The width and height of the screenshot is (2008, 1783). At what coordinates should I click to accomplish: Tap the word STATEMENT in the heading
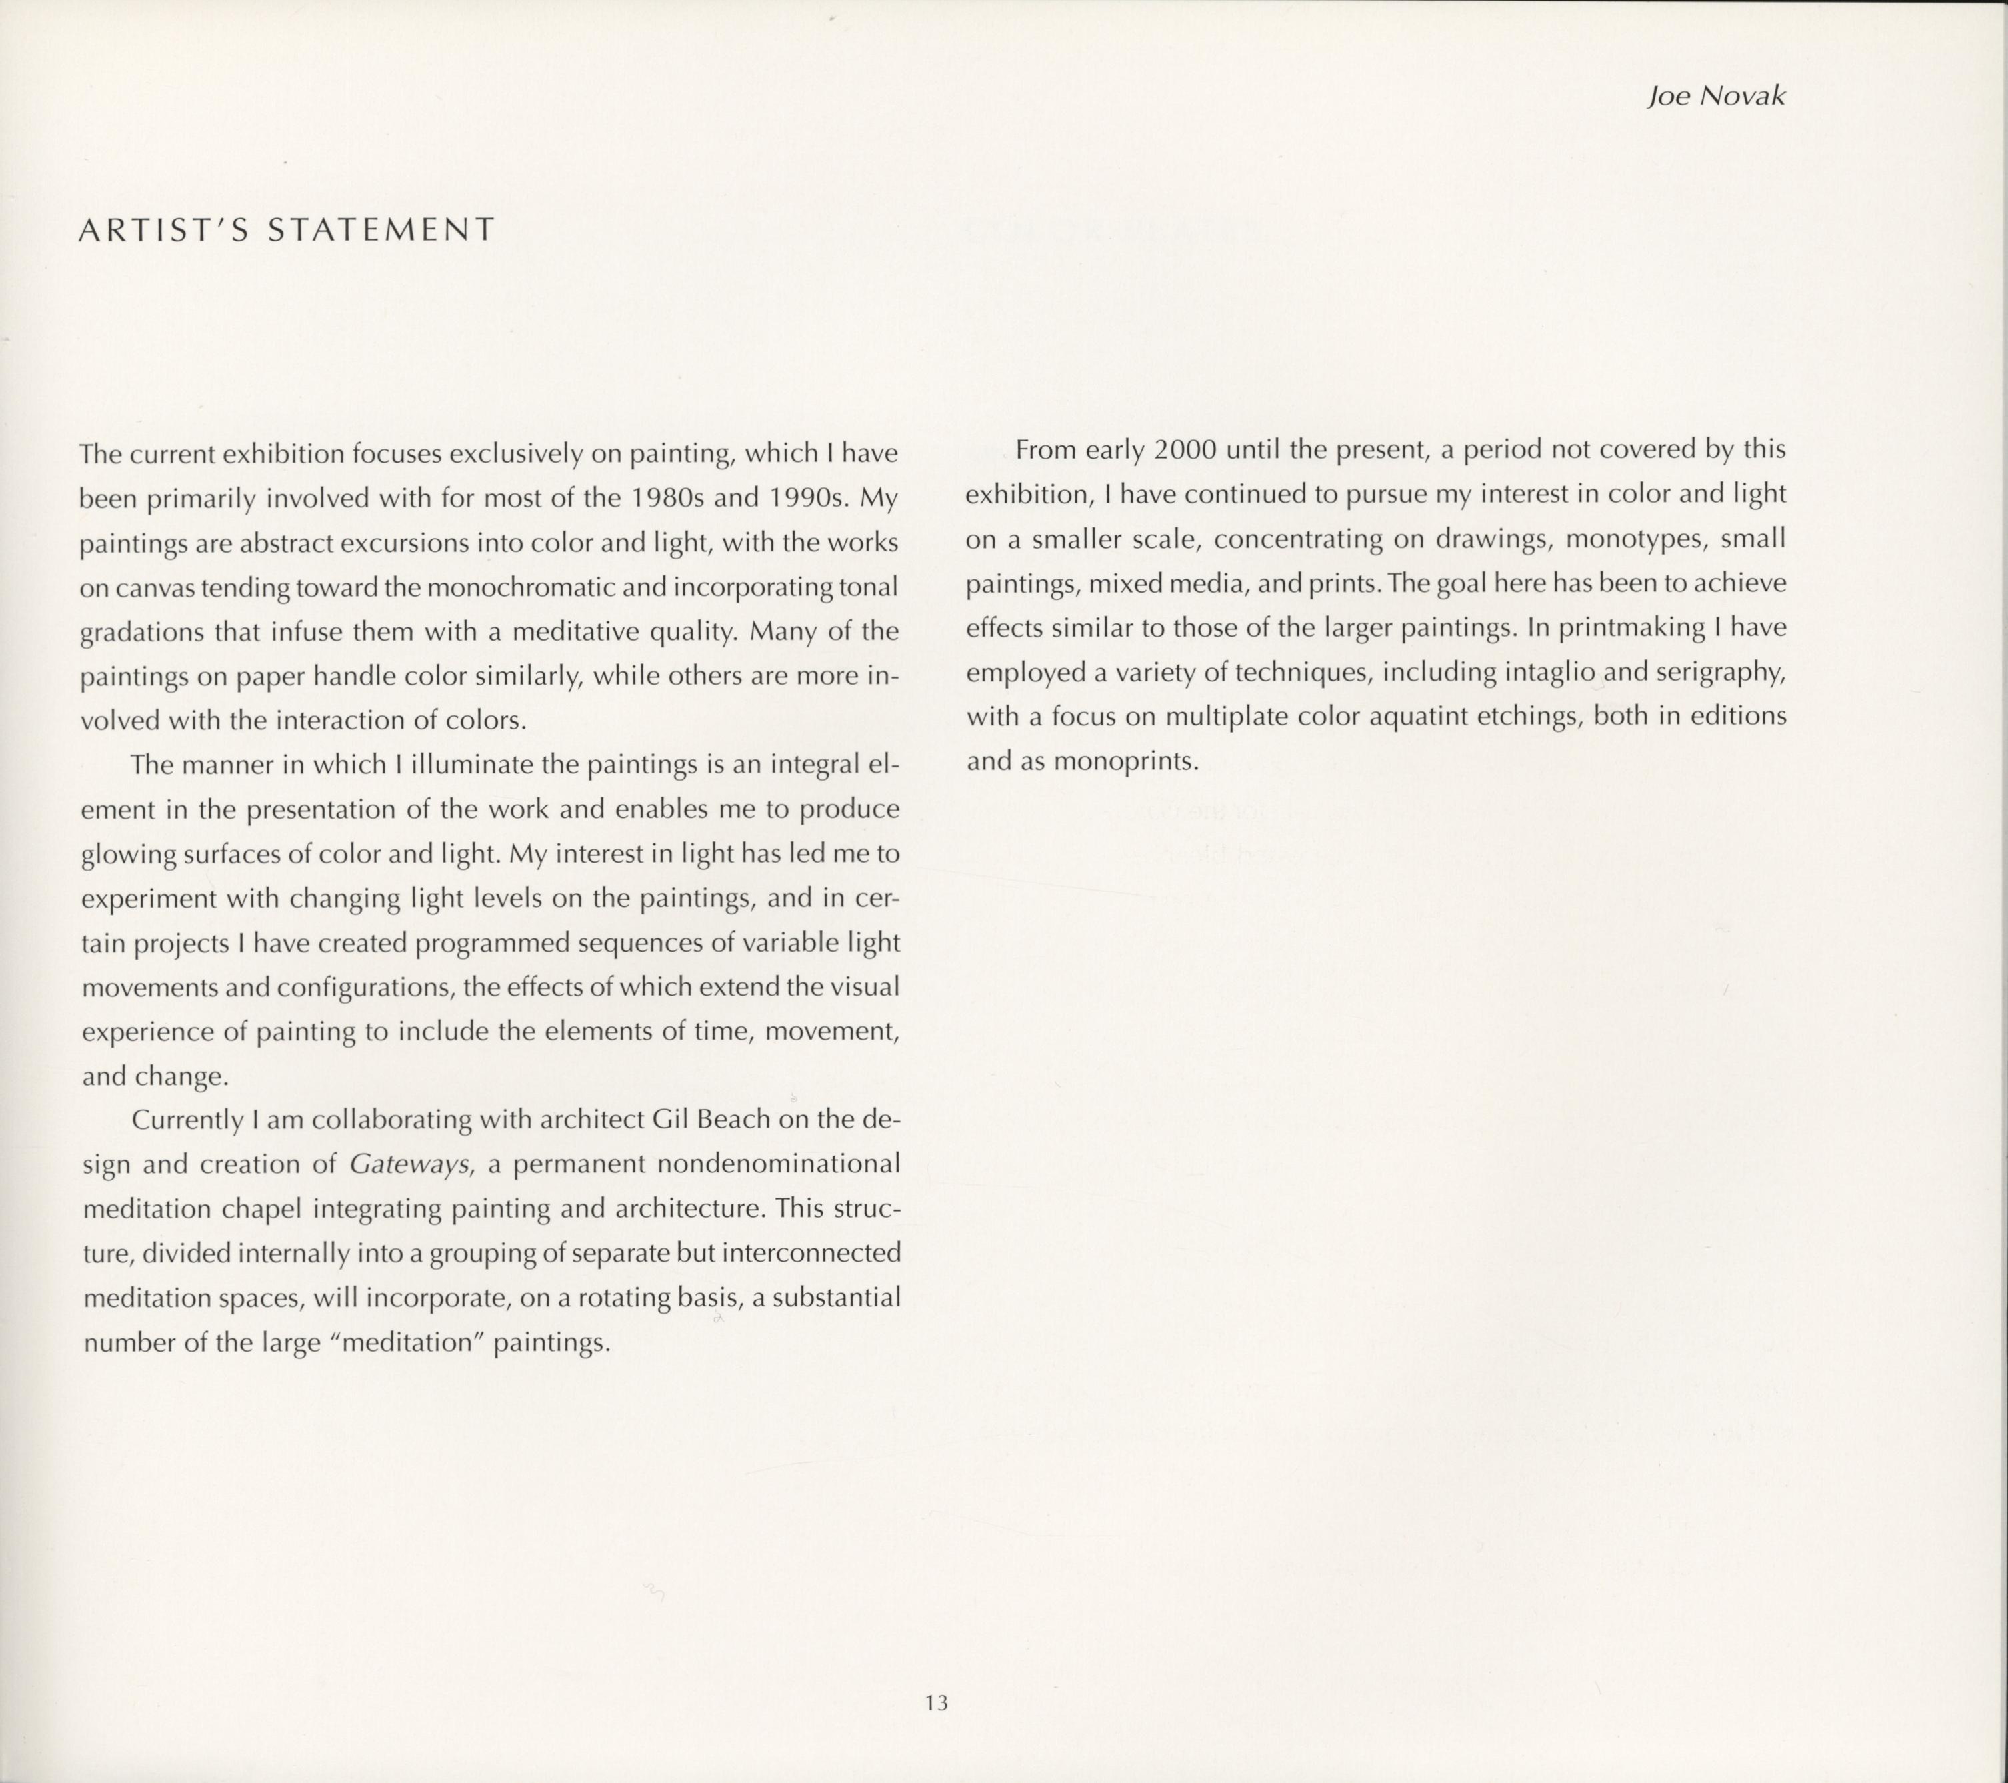click(381, 230)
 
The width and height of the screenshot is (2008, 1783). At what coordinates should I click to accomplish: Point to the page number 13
click(936, 1702)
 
